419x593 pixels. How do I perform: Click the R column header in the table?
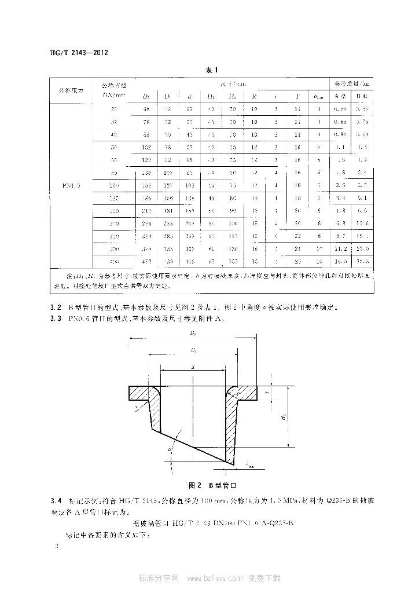(253, 96)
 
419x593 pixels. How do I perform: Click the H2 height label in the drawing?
(284, 416)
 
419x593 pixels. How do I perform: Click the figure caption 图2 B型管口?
(209, 484)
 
